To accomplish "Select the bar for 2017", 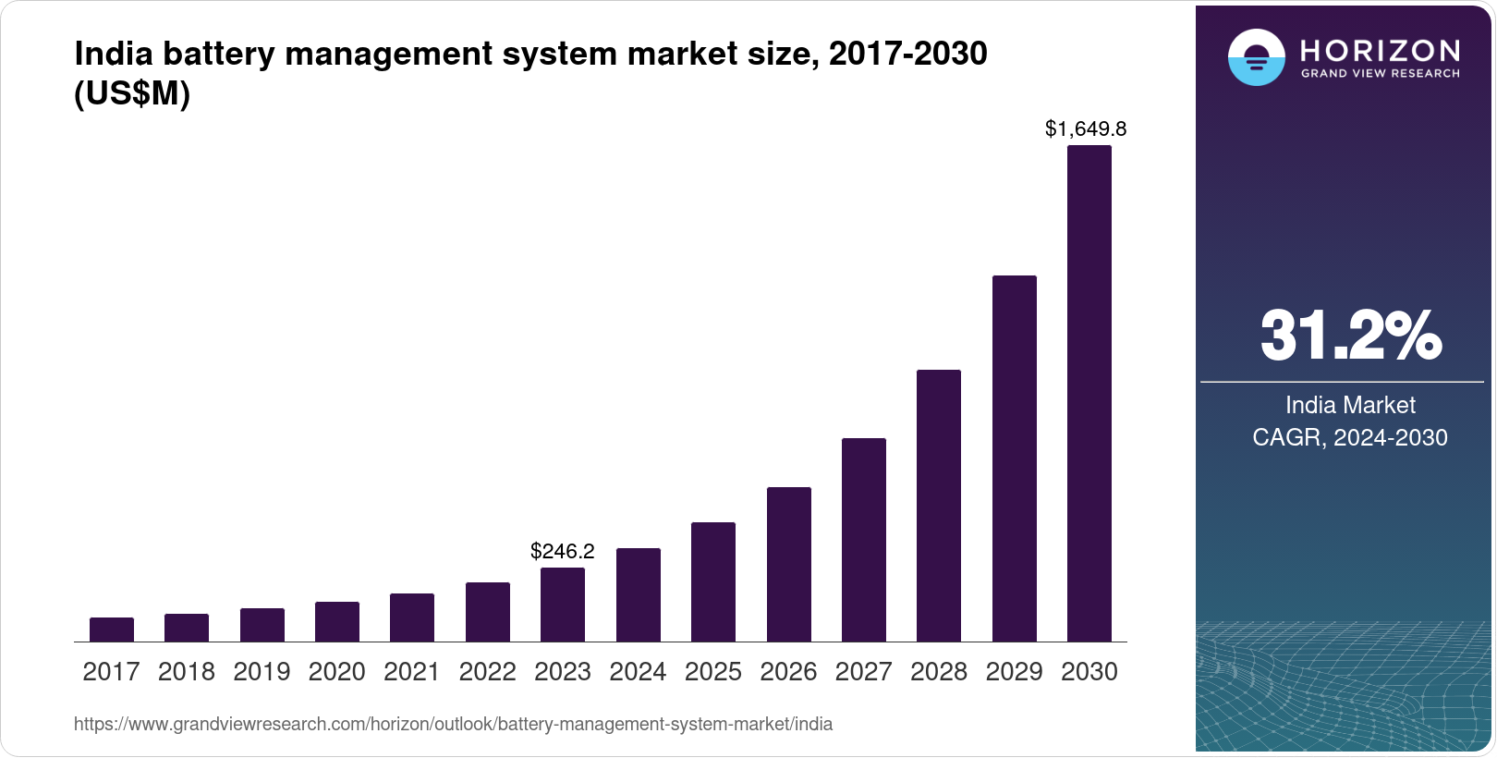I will (x=112, y=630).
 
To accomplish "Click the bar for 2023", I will (x=563, y=605).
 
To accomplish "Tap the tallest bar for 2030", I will (x=1089, y=393).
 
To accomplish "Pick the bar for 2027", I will (x=864, y=540).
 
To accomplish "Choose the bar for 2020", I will (x=337, y=621).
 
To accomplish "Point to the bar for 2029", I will (x=1015, y=458).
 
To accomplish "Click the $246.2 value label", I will (x=563, y=552).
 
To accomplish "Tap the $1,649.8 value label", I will (x=1086, y=129).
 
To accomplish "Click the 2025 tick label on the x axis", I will (x=713, y=672).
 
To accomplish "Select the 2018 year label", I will (x=187, y=672).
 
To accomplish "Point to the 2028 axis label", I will (x=939, y=672).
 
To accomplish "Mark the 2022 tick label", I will (x=488, y=672).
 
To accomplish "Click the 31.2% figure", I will (x=1350, y=336).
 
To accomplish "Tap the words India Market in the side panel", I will (x=1350, y=405).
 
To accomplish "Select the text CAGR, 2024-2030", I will (x=1350, y=437).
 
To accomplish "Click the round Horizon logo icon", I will (x=1256, y=57).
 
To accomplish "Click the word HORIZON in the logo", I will (x=1381, y=50).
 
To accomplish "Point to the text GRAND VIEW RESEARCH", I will (x=1381, y=73).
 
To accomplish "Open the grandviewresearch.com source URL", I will (x=453, y=725).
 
